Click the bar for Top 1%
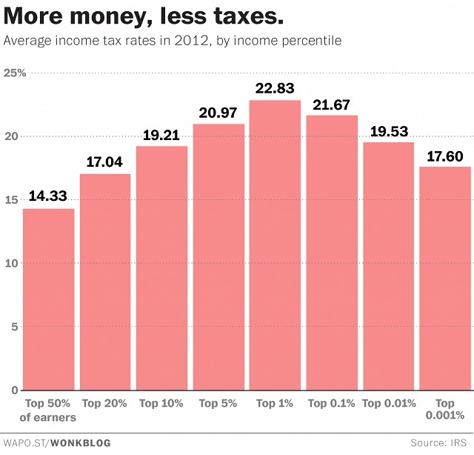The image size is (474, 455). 275,245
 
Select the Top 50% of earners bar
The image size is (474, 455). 48,299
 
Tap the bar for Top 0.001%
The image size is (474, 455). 445,279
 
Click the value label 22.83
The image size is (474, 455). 275,88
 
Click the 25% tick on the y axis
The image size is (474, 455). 15,73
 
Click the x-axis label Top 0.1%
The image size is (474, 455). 331,403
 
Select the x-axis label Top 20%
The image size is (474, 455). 104,403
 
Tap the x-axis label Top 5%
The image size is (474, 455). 218,403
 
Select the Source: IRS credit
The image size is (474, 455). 439,442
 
